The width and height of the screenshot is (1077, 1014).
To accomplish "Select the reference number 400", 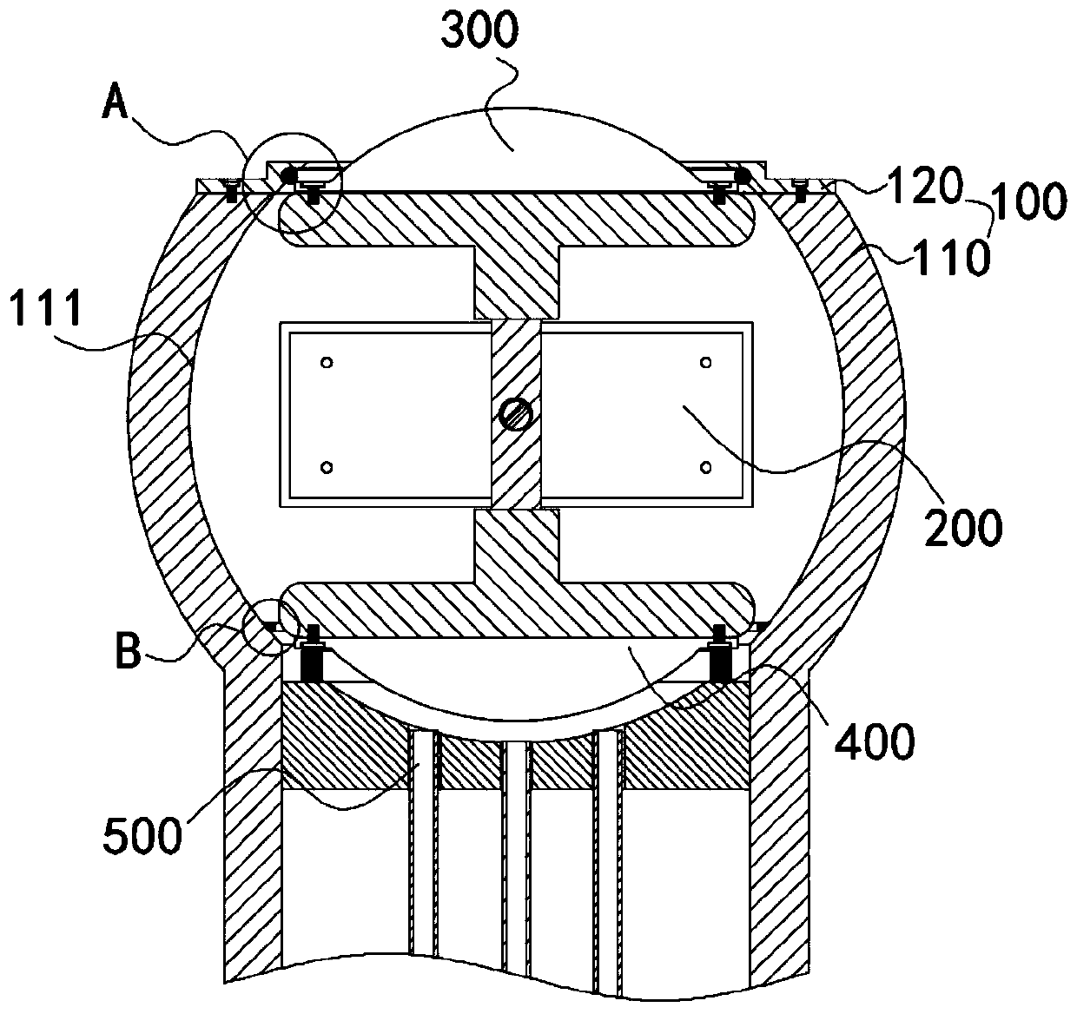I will (x=875, y=741).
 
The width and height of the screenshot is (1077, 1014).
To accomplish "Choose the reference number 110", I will (x=952, y=257).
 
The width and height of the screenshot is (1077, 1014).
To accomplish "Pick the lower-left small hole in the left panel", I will (x=327, y=468).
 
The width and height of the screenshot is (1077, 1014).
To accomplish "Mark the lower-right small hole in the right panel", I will (x=705, y=468).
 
